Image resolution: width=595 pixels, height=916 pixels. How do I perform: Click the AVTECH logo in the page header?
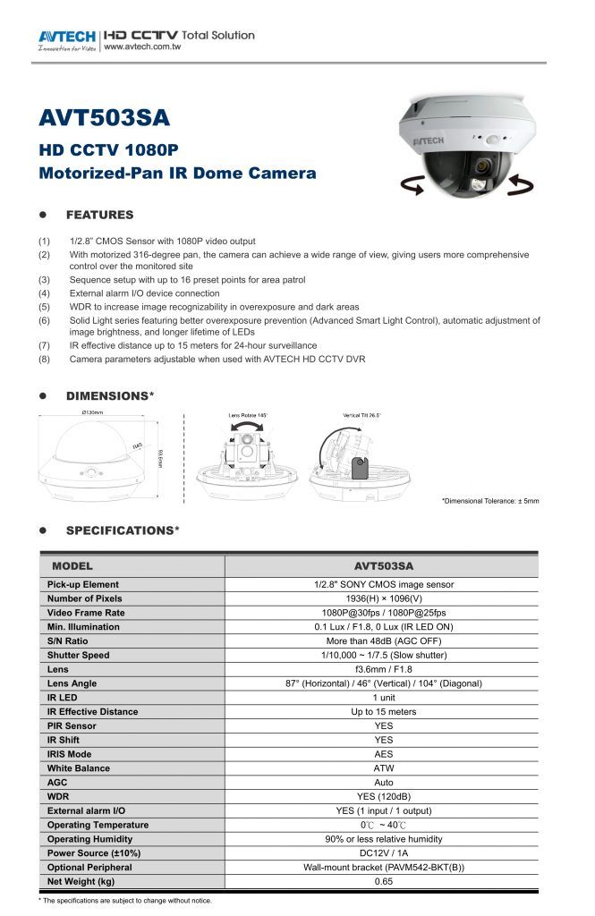click(67, 38)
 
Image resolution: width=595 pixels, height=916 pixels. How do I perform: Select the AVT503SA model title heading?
click(104, 118)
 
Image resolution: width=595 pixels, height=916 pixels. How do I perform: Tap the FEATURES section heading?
click(99, 215)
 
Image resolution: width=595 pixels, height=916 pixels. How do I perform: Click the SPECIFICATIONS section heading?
click(123, 530)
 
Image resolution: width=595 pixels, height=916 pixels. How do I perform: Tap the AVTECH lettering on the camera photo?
click(428, 141)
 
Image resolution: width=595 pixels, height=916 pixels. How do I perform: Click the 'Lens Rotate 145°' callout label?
click(249, 416)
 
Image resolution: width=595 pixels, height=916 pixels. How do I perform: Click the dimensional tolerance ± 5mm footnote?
click(490, 501)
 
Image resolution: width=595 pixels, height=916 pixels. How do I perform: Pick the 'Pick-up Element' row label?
click(82, 584)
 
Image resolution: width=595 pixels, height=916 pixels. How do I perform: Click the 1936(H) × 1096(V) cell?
click(383, 598)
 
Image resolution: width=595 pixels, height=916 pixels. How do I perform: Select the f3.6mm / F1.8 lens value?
click(383, 669)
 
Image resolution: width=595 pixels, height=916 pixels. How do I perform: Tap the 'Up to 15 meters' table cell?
click(383, 711)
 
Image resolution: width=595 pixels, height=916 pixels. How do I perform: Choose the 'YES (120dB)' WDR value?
click(383, 796)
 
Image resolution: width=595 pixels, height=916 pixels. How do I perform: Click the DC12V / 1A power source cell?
click(383, 852)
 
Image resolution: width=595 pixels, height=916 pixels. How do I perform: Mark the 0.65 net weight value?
click(383, 881)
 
